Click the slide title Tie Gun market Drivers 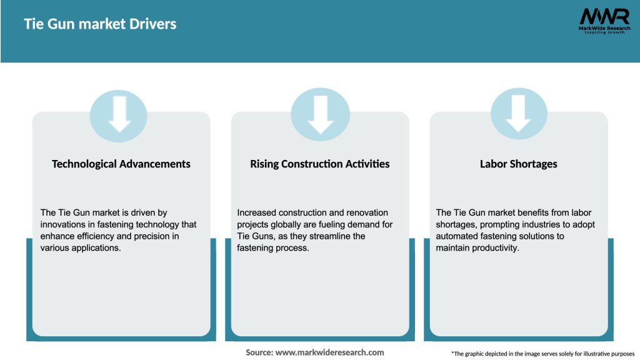pyautogui.click(x=100, y=24)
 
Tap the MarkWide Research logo pyautogui.click(x=604, y=21)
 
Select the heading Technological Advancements pyautogui.click(x=121, y=164)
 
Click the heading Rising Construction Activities pyautogui.click(x=319, y=164)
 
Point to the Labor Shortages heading pyautogui.click(x=518, y=164)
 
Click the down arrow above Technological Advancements pyautogui.click(x=119, y=114)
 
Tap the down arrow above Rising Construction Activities pyautogui.click(x=321, y=115)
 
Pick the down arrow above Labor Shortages pyautogui.click(x=518, y=114)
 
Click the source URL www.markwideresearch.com pyautogui.click(x=330, y=352)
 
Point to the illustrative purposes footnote pyautogui.click(x=543, y=354)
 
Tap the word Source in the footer pyautogui.click(x=259, y=352)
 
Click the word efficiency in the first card pyautogui.click(x=95, y=236)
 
